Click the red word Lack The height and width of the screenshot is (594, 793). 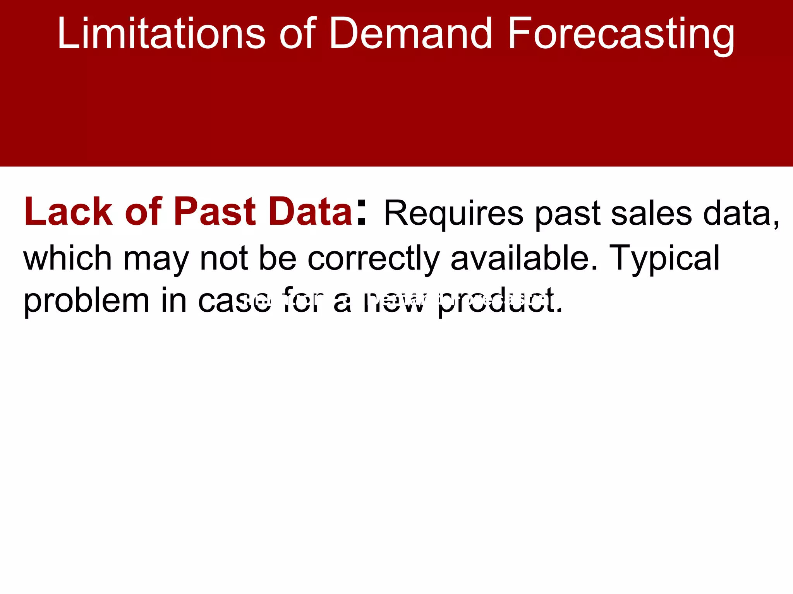68,212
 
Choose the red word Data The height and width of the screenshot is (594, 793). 311,212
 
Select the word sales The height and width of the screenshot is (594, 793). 651,214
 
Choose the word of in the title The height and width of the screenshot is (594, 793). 297,34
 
